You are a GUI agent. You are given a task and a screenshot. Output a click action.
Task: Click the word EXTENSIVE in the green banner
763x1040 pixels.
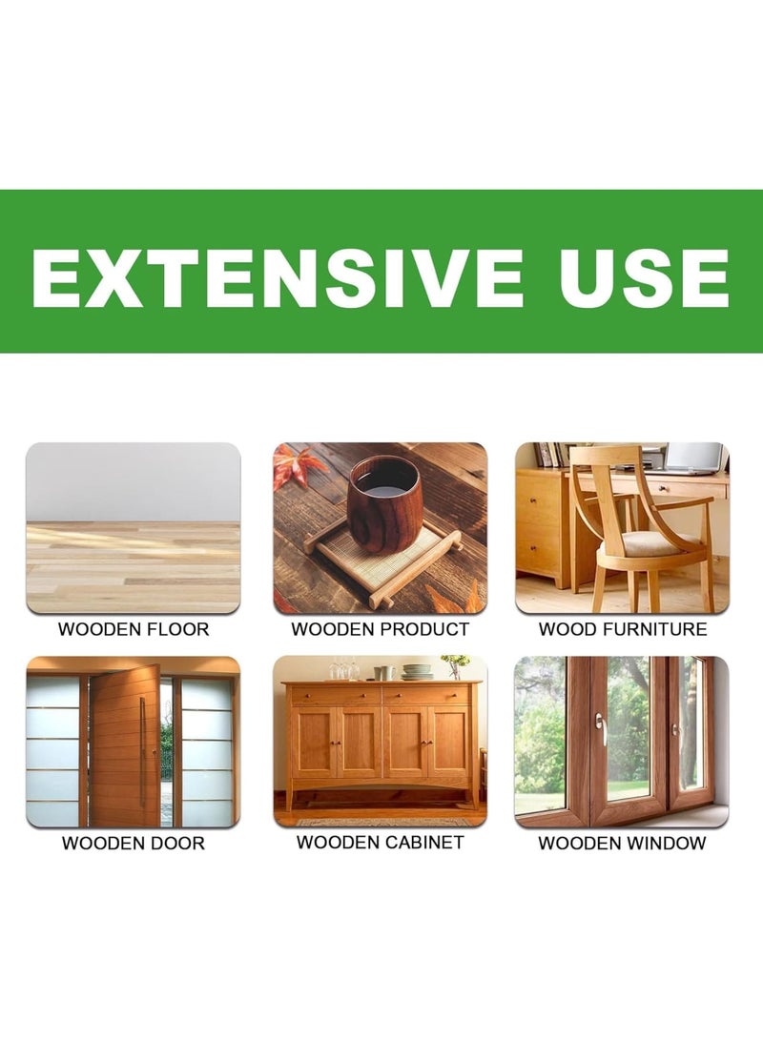coord(278,278)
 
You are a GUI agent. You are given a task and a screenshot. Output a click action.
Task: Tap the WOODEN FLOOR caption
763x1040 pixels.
coord(134,629)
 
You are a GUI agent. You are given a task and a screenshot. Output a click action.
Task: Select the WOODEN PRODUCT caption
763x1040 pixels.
coord(380,629)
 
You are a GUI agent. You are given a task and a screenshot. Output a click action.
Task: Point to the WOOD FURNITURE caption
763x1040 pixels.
coord(623,629)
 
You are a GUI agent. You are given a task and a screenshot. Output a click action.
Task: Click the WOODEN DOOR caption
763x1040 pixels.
coord(134,844)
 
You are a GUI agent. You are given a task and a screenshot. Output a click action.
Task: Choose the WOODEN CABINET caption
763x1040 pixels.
coord(380,843)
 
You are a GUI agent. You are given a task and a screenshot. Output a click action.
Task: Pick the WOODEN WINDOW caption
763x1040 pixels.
coord(622,844)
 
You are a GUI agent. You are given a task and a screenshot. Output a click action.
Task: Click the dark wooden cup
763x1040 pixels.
coord(383,502)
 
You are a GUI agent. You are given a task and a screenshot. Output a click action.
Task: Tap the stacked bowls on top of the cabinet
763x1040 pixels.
coord(417,672)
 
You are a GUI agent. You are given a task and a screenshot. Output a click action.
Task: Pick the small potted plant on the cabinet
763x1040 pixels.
coord(456,665)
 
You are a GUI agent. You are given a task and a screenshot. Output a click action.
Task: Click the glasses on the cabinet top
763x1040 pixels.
coord(341,671)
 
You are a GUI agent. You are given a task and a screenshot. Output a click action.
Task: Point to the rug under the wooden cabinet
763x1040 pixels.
coord(381,822)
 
